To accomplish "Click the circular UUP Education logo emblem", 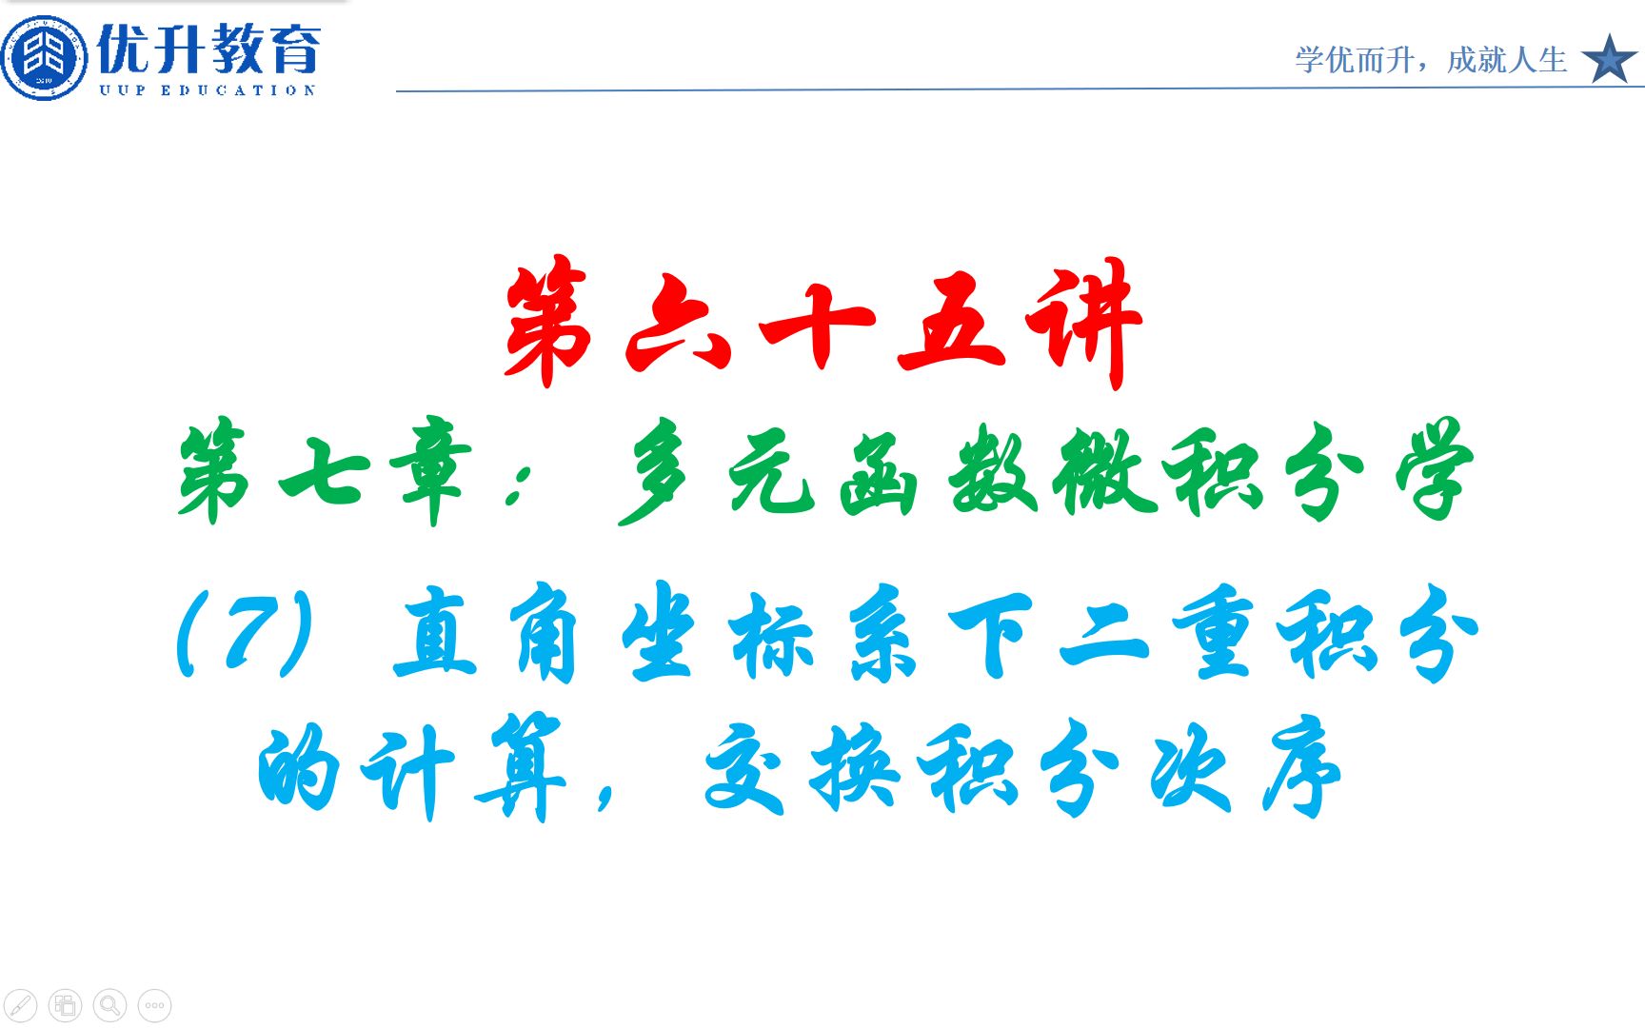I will click(x=44, y=57).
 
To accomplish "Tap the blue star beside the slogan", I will click(x=1609, y=59).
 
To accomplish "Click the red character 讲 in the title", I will click(x=1083, y=322).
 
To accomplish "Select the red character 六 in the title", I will click(x=678, y=324).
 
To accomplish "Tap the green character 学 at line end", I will click(x=1434, y=468).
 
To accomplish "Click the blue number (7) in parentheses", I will click(x=246, y=632).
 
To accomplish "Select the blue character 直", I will click(x=434, y=632).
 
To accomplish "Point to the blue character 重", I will click(x=1211, y=632).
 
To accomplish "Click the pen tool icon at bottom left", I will click(x=21, y=1005).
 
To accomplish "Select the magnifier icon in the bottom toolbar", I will click(x=110, y=1005).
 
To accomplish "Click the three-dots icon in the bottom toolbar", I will click(x=155, y=1005).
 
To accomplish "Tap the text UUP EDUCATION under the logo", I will click(x=208, y=90).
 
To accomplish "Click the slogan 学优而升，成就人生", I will click(x=1430, y=60).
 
